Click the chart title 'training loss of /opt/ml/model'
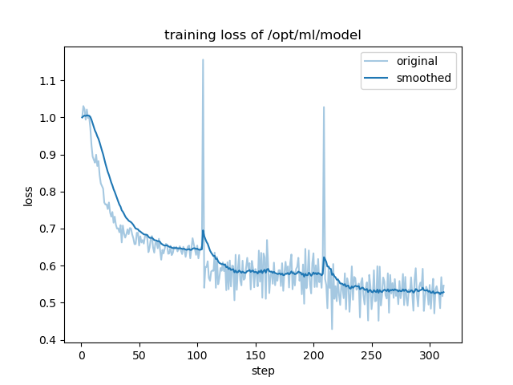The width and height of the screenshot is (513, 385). [x=262, y=34]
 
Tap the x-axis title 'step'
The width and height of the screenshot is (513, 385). [x=262, y=371]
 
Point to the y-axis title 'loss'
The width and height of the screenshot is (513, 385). [x=29, y=195]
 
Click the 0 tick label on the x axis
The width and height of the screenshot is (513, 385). [x=81, y=355]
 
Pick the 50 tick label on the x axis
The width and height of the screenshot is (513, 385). [x=139, y=355]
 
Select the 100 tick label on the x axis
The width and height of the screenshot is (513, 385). [x=197, y=355]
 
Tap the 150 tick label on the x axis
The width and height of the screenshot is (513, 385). [x=255, y=355]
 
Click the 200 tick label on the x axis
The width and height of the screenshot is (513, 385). [x=313, y=355]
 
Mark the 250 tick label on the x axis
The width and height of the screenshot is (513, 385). [x=371, y=355]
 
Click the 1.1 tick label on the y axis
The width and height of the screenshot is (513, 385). [x=50, y=80]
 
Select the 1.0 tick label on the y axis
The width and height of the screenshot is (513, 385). [x=50, y=118]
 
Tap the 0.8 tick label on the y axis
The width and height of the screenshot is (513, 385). [x=50, y=192]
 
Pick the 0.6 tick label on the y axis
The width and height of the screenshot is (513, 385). [x=50, y=266]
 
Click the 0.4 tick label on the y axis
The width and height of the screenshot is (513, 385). [x=50, y=340]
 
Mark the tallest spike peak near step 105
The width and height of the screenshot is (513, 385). [x=203, y=59]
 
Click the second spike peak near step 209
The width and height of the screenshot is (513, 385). [x=324, y=107]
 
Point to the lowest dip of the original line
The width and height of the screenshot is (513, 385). [x=332, y=329]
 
